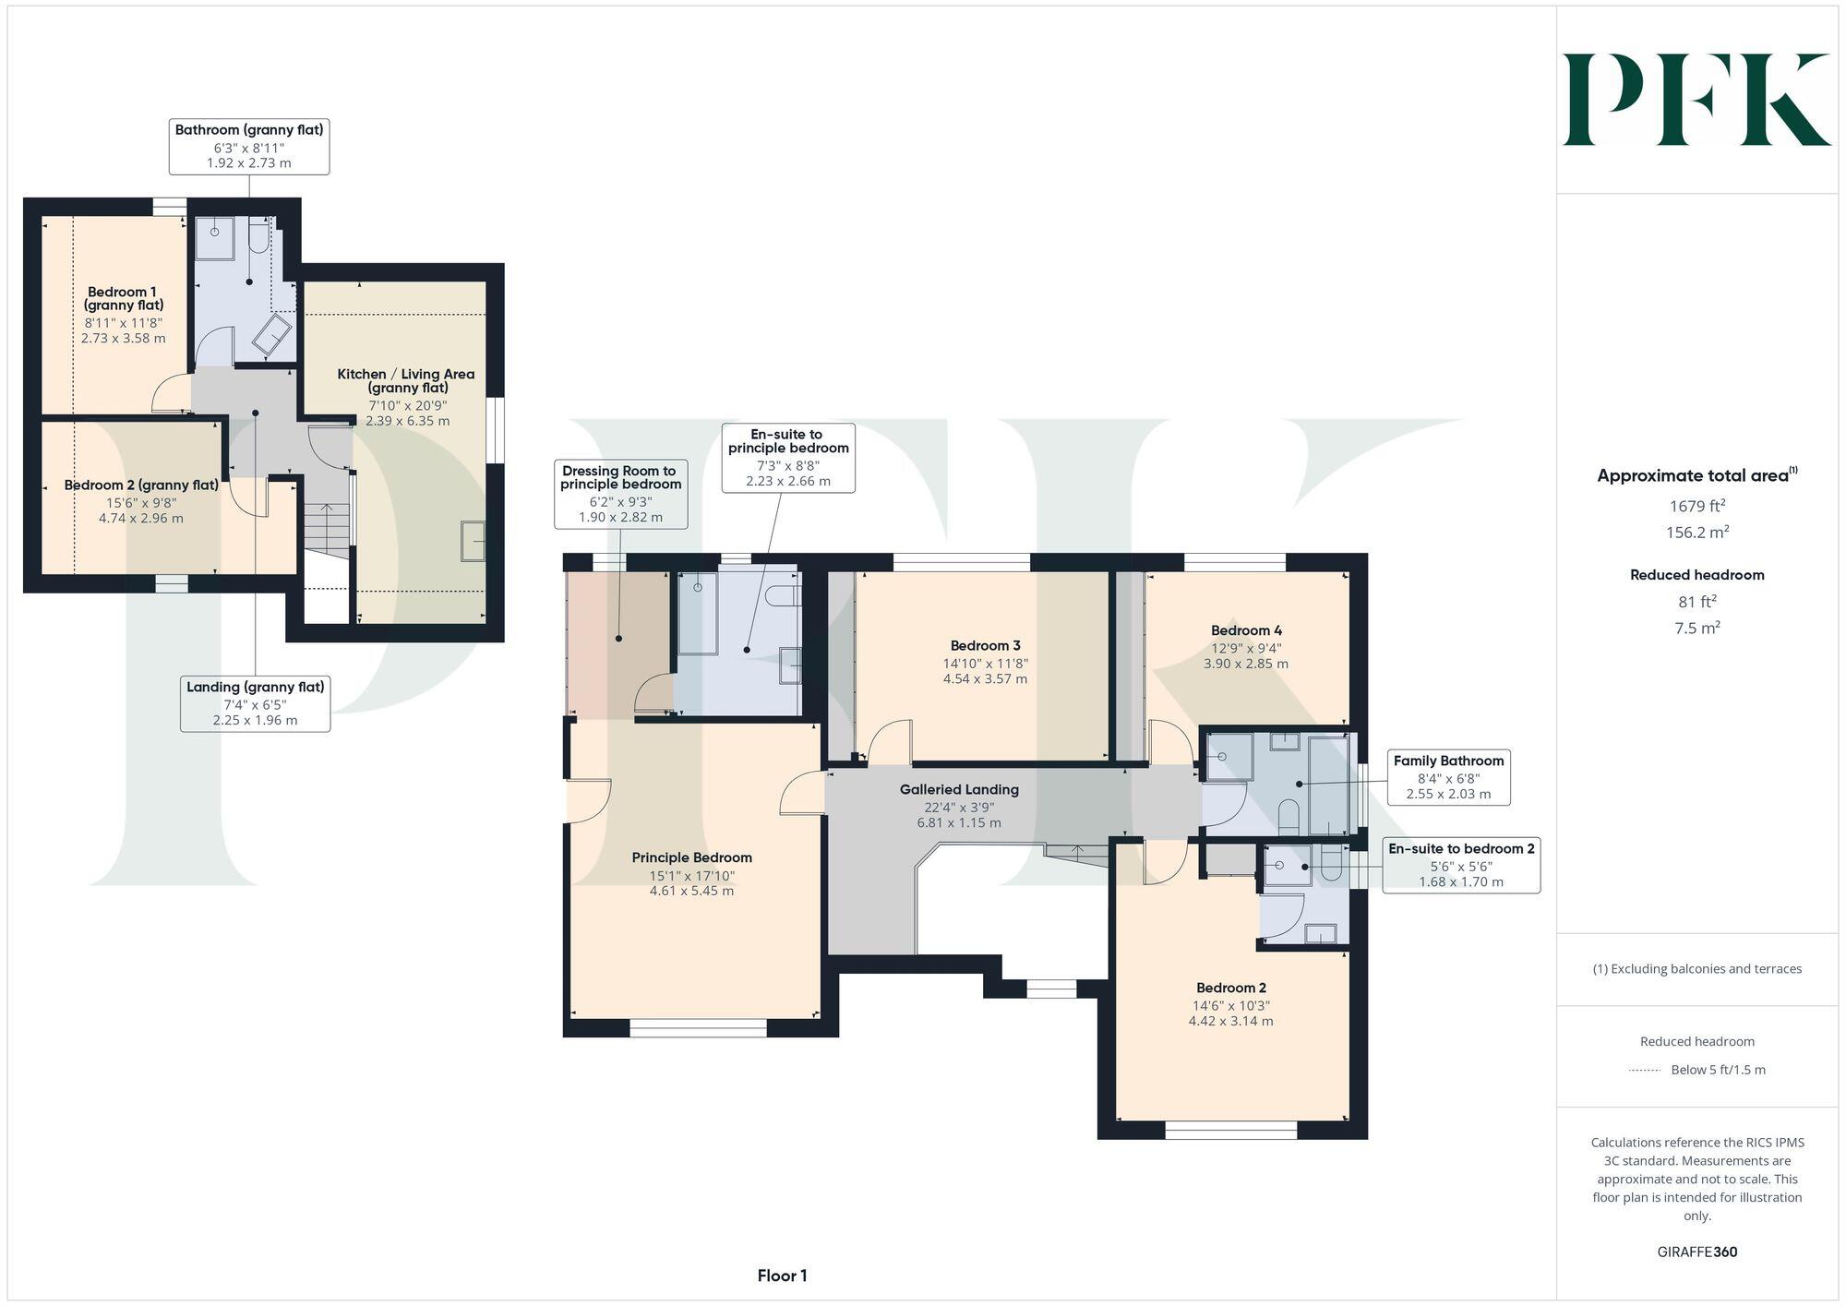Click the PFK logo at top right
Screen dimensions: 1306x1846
pos(1696,100)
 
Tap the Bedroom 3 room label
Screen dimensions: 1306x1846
pos(985,646)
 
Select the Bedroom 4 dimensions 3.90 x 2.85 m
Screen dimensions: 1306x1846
pos(1245,664)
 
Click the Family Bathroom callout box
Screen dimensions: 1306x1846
pos(1448,777)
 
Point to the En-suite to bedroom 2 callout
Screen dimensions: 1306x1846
pos(1460,865)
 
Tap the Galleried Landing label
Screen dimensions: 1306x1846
pos(959,790)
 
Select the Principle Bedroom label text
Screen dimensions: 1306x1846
pos(691,857)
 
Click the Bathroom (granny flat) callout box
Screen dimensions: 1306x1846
pos(248,146)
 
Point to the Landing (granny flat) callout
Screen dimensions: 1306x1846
pos(255,703)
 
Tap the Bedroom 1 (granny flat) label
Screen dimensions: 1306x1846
pos(124,298)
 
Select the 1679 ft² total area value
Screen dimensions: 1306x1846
pos(1696,506)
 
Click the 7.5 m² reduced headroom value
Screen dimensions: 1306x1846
pos(1696,628)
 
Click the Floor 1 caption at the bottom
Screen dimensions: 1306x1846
pos(782,1276)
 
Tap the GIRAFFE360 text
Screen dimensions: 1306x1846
pos(1696,1252)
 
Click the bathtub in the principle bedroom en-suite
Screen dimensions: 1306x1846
pos(698,613)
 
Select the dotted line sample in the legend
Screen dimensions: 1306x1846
pos(1645,1071)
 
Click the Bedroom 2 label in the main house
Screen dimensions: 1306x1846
pos(1230,988)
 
